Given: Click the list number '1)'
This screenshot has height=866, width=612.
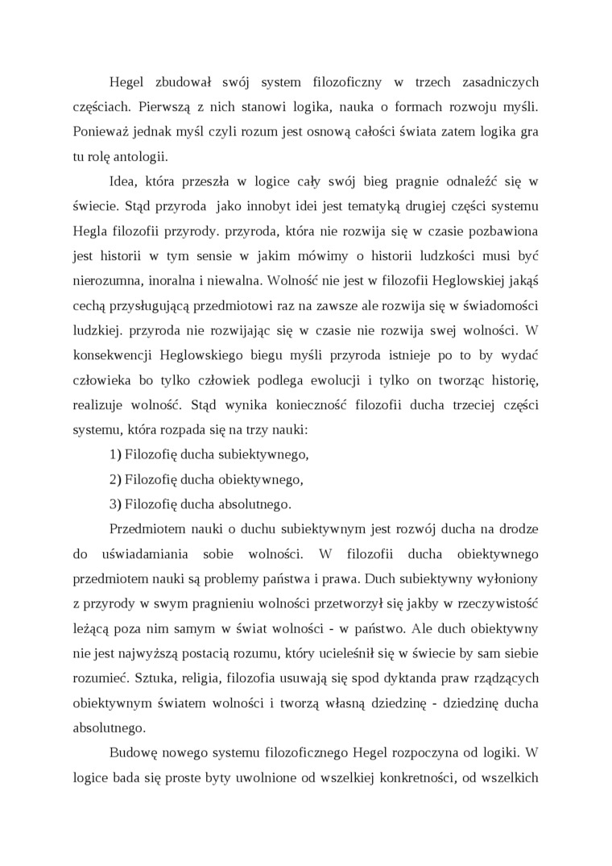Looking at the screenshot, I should [x=115, y=454].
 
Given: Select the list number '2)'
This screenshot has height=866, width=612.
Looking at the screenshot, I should [x=115, y=479].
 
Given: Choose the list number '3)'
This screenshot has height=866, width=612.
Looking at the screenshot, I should [x=115, y=504].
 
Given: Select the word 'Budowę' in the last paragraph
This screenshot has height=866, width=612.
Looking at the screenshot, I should [x=131, y=754].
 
